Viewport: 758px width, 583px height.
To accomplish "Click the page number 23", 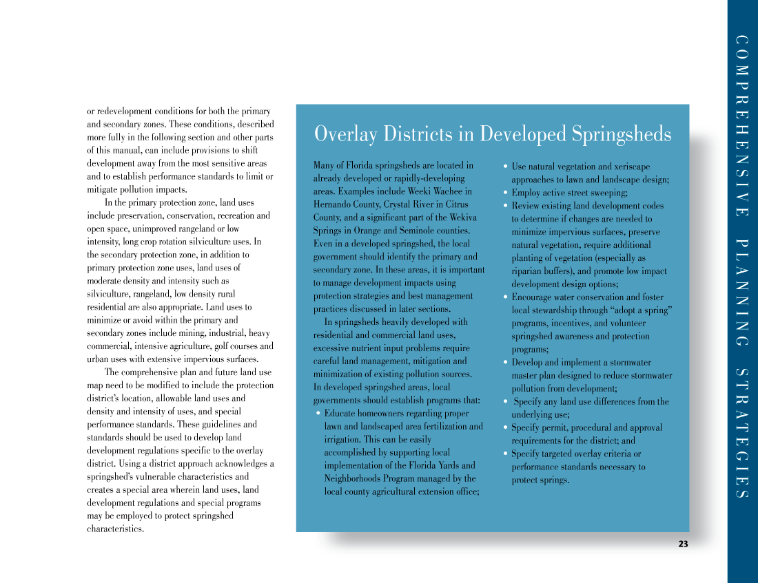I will click(683, 544).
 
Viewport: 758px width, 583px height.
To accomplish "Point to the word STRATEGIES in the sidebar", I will click(741, 434).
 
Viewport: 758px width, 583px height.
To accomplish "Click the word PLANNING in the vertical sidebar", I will click(741, 293).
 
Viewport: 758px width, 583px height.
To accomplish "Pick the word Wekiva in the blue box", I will click(462, 218).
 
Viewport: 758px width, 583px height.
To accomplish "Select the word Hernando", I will click(331, 204).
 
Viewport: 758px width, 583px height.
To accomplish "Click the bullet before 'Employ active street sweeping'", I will click(506, 193).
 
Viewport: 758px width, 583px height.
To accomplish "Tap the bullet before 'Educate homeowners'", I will click(318, 414).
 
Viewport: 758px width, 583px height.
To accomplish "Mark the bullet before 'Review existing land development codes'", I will click(506, 206).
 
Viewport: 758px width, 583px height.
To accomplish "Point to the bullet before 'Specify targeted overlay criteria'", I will click(506, 454).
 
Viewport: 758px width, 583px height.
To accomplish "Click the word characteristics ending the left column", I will click(115, 529).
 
